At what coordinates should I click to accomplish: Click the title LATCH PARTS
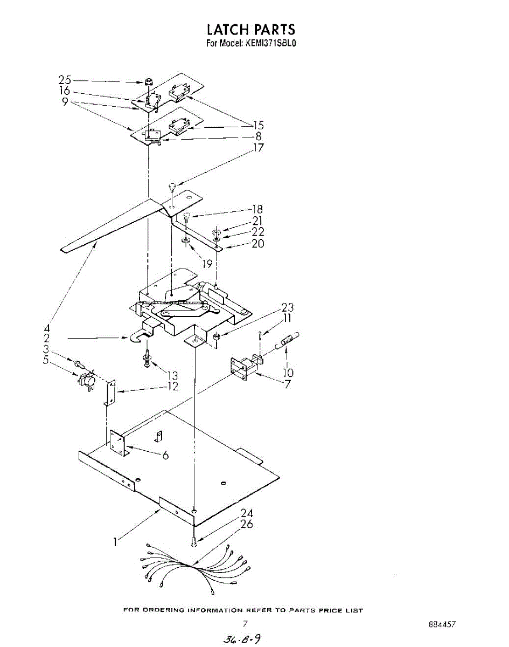(252, 29)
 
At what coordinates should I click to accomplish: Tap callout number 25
(65, 80)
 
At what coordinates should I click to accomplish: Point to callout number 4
(47, 327)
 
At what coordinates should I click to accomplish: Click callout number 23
(288, 308)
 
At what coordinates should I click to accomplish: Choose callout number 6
(165, 455)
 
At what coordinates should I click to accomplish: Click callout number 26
(246, 524)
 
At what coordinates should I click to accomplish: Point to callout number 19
(205, 264)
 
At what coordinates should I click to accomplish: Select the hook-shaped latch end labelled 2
(138, 339)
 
